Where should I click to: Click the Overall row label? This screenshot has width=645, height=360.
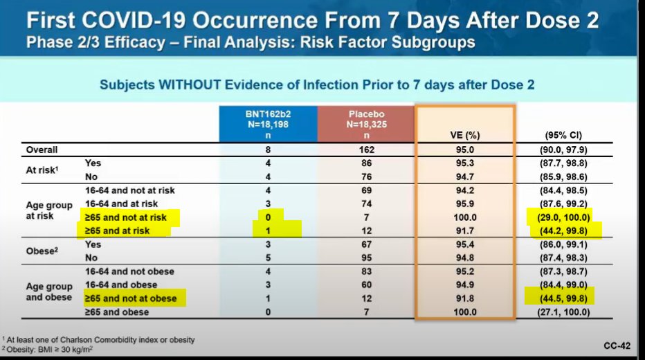coord(42,150)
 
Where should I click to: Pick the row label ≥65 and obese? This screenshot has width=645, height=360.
coord(117,312)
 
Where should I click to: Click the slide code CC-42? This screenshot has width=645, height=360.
coord(615,343)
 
